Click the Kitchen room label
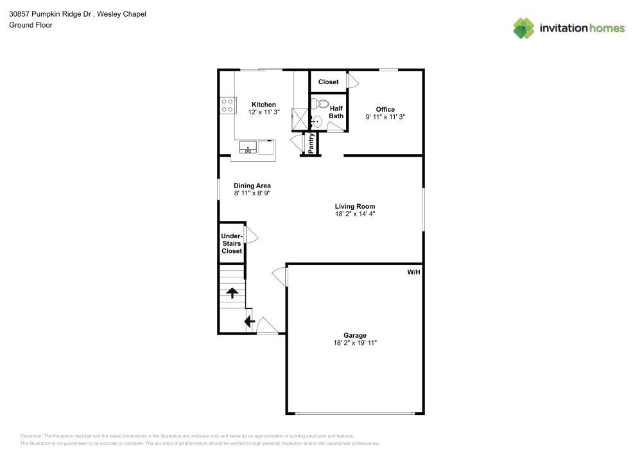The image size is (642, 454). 263,105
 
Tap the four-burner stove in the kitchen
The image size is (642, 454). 228,105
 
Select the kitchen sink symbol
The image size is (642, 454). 248,147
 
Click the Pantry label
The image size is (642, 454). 311,143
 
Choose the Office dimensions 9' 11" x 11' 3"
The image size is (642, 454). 385,117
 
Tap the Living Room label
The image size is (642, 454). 355,206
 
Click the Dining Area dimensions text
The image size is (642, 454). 252,193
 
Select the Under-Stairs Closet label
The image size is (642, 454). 232,243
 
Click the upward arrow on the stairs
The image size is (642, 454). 232,293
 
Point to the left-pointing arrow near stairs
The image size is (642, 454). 249,321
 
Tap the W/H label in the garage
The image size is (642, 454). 413,272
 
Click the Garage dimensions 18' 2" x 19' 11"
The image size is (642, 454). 355,343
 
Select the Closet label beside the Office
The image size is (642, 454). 328,82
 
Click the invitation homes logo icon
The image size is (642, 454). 524,28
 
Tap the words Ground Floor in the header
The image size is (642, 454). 31,25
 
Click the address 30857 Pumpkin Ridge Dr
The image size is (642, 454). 50,14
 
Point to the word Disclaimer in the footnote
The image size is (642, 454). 31,436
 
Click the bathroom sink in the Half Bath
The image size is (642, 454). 315,121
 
